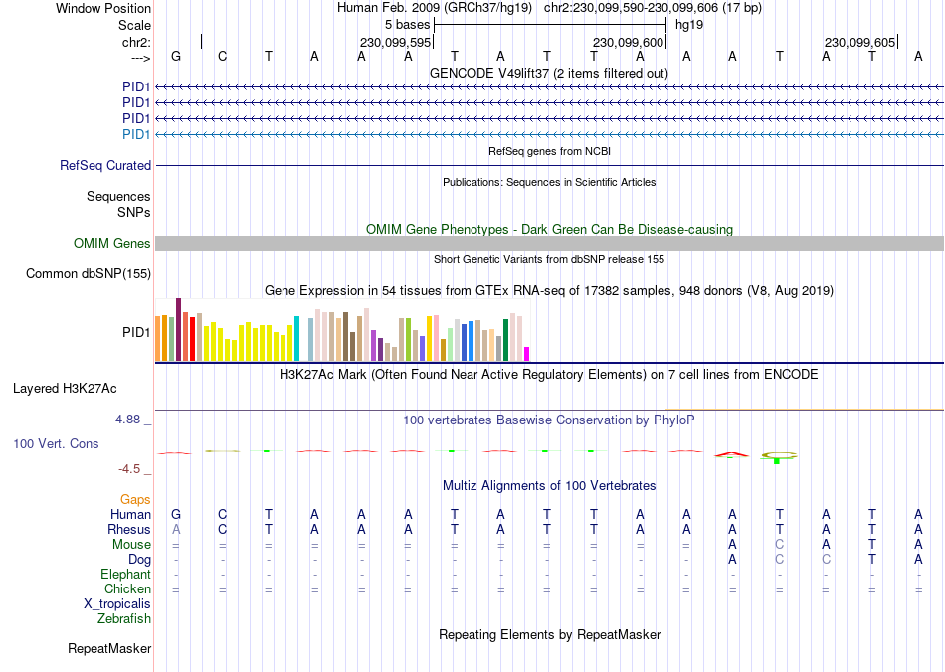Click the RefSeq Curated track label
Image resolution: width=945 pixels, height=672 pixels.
(x=105, y=166)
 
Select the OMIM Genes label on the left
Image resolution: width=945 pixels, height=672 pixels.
(x=112, y=244)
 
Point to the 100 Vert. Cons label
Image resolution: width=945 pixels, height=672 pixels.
(x=56, y=443)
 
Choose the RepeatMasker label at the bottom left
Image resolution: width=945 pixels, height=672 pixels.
(x=109, y=649)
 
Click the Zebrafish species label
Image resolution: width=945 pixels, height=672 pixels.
(x=124, y=619)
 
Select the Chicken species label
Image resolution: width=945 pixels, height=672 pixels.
(x=127, y=589)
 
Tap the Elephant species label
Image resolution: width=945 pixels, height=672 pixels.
(x=125, y=575)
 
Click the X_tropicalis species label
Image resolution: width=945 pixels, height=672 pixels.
(x=117, y=604)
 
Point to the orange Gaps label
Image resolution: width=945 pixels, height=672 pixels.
(x=135, y=499)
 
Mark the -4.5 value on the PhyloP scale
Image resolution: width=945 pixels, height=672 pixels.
(x=132, y=469)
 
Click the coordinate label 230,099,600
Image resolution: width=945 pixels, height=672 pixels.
(x=627, y=42)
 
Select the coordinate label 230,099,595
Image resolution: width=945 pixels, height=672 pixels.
(x=395, y=42)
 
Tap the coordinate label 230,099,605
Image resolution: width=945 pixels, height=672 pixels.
(x=859, y=42)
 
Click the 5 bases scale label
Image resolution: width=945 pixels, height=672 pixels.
(x=407, y=25)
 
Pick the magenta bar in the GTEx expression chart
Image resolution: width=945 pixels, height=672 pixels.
(x=527, y=354)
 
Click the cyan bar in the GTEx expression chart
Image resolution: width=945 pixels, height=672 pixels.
(x=296, y=339)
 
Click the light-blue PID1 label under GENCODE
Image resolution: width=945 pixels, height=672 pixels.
(x=136, y=134)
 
